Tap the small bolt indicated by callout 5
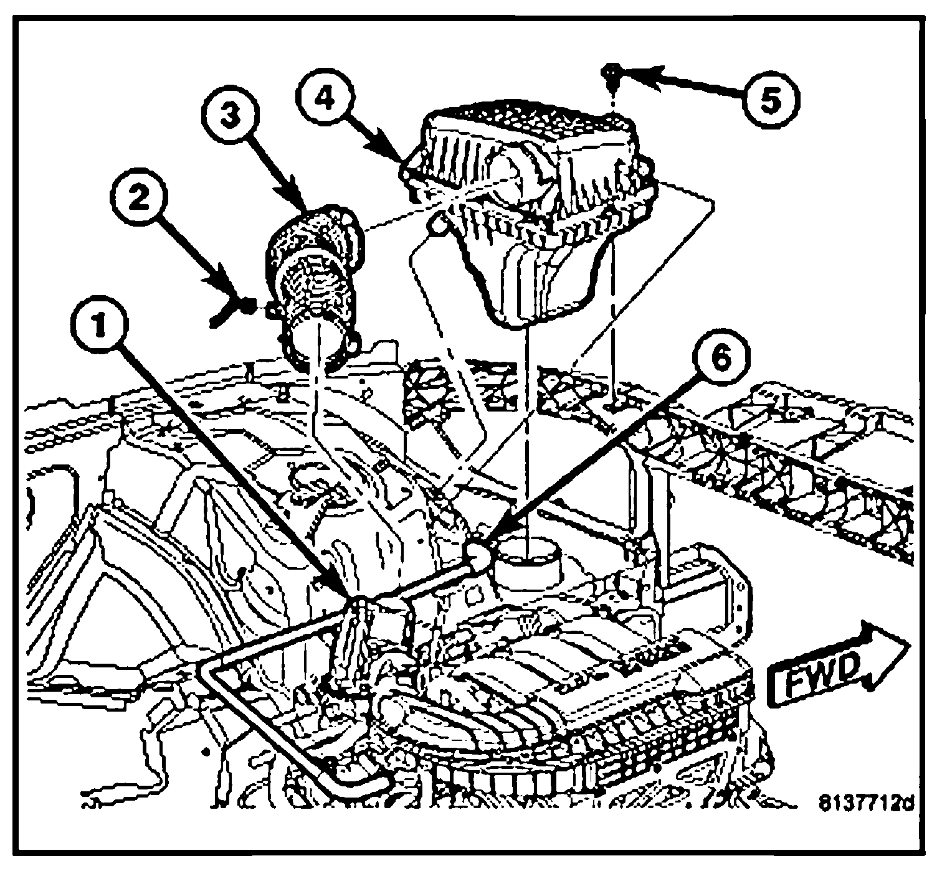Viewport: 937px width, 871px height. point(612,70)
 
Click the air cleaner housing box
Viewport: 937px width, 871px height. point(530,181)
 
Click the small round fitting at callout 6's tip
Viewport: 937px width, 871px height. point(478,550)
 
